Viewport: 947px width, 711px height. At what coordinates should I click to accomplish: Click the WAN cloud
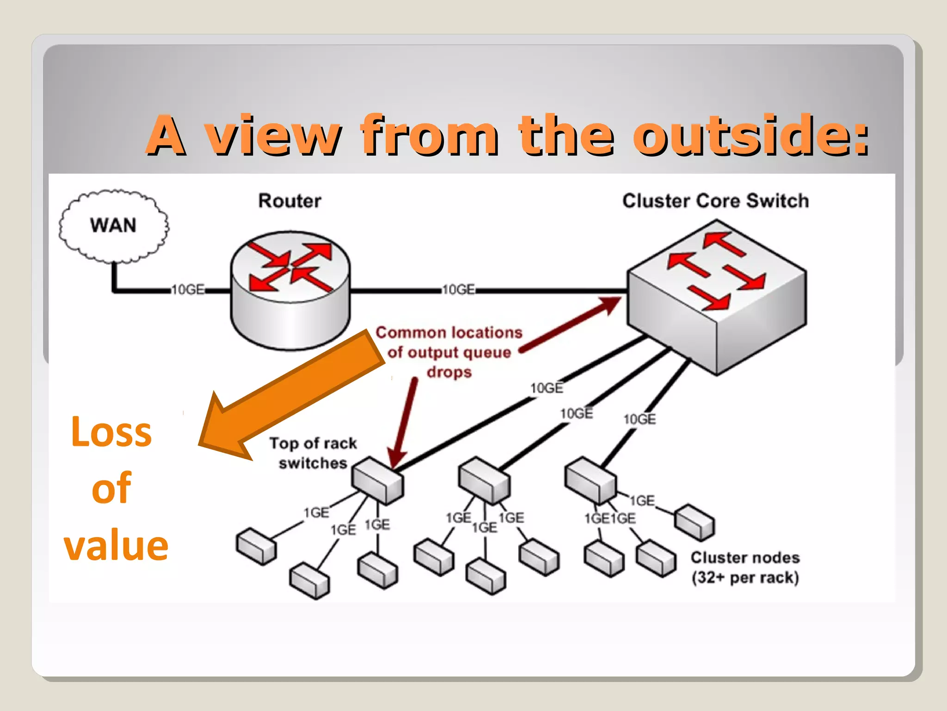coord(114,226)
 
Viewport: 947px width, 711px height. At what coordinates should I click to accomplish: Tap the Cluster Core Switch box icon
coord(716,296)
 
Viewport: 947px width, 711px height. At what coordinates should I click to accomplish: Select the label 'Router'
coord(289,201)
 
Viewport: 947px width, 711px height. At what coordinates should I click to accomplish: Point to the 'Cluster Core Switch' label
coord(715,201)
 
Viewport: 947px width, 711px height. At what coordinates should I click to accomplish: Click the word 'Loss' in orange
coord(111,432)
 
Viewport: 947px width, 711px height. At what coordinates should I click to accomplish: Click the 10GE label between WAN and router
coord(188,290)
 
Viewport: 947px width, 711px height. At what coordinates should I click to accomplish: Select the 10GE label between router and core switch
coord(459,290)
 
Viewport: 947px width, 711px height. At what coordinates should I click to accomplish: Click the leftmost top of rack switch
coord(377,480)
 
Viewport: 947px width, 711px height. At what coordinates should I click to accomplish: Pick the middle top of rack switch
coord(484,480)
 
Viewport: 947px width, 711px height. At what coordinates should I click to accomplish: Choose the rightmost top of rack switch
coord(590,480)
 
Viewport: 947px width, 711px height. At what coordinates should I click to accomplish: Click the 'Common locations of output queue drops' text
coord(449,352)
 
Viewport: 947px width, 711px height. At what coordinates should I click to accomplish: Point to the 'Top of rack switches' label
coord(313,453)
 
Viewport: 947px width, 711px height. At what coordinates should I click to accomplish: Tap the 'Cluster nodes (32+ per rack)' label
coord(745,568)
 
